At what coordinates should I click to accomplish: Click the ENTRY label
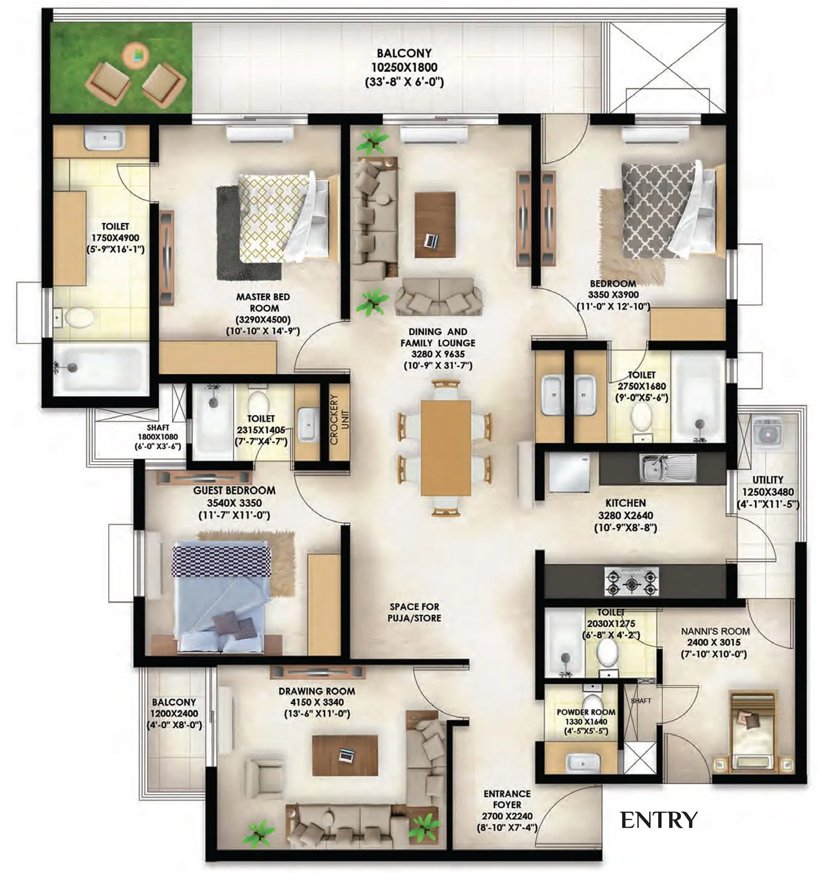pos(658,820)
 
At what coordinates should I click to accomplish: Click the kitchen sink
pos(667,467)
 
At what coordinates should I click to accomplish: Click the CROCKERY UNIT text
pos(339,419)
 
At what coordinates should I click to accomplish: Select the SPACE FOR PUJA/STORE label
pos(414,612)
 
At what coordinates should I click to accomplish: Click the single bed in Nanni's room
pos(753,730)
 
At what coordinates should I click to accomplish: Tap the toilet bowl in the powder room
pos(592,705)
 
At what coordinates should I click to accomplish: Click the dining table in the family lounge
pos(445,447)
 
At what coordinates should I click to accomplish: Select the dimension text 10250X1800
pos(404,67)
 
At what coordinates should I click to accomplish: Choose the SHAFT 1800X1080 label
pos(158,437)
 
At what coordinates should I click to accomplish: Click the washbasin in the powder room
pos(583,763)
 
